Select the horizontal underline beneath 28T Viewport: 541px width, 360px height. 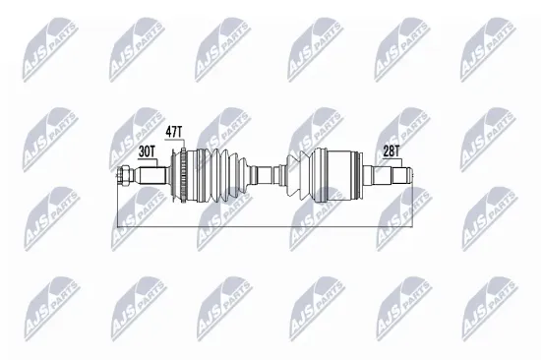point(391,160)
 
